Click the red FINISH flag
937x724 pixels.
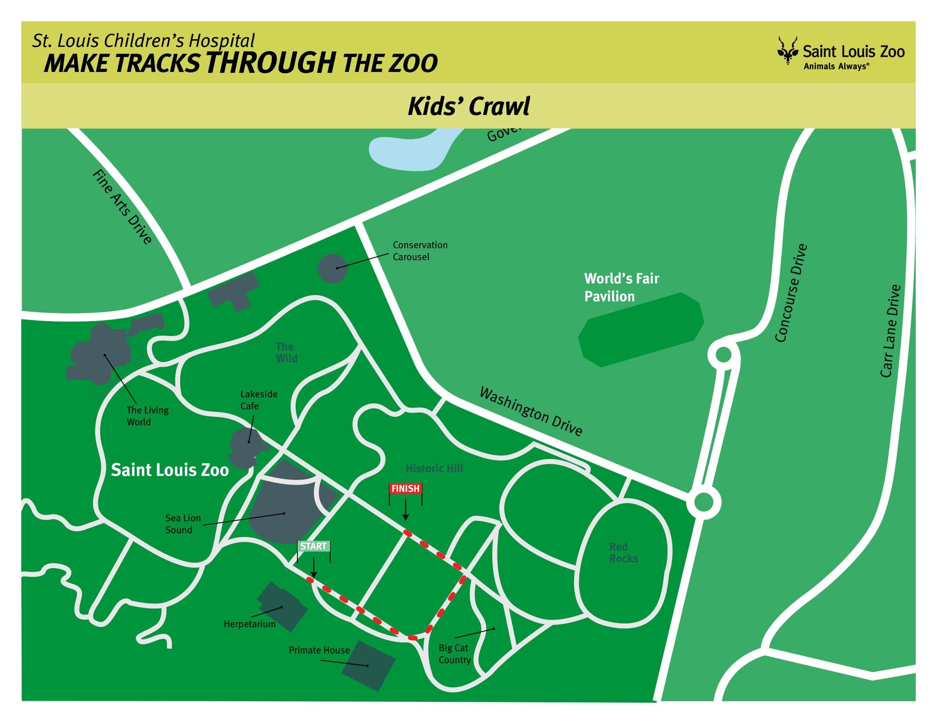[405, 489]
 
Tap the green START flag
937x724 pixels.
[313, 546]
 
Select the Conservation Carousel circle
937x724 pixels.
[333, 268]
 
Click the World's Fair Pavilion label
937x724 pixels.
[621, 287]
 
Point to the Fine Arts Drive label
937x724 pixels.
[122, 207]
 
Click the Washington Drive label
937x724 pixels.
[531, 411]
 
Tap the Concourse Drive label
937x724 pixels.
[792, 293]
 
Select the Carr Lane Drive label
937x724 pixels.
[890, 331]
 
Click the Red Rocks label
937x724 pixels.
[624, 553]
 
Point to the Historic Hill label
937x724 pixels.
[434, 468]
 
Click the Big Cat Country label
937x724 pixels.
[454, 654]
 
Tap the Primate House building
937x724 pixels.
[368, 666]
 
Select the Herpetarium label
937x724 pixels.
[249, 624]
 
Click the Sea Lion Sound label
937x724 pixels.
[183, 524]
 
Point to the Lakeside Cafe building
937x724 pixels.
[247, 446]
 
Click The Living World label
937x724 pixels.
[147, 416]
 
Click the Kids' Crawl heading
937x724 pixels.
[468, 106]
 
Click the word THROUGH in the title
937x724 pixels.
[270, 63]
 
